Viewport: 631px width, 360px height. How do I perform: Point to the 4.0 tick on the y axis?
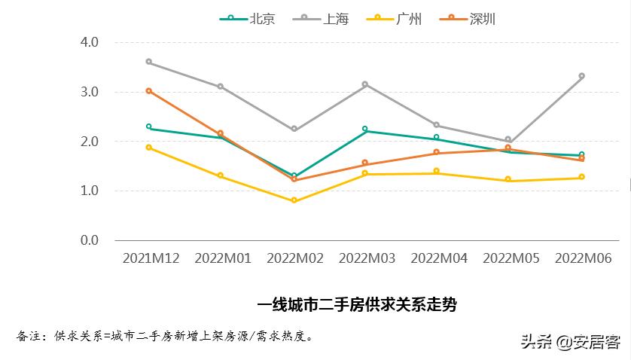click(90, 42)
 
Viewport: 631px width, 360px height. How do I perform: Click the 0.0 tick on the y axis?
click(90, 240)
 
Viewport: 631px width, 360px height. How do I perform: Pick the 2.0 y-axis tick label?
click(90, 142)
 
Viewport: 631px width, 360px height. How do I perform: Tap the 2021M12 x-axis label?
click(151, 258)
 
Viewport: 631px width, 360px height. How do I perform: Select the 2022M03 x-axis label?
click(367, 258)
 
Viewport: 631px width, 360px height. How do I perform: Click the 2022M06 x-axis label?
click(583, 258)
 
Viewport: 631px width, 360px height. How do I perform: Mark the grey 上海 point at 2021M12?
click(149, 62)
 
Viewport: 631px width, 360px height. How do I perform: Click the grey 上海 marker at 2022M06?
click(582, 76)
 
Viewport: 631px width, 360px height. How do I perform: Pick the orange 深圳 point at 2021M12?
click(149, 91)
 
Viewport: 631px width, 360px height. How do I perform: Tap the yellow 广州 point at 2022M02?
click(294, 200)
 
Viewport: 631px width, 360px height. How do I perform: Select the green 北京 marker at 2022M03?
click(365, 130)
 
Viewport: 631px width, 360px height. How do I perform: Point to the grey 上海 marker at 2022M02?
click(294, 130)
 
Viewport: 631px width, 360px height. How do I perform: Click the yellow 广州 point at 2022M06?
click(582, 177)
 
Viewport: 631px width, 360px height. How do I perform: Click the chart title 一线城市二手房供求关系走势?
click(357, 305)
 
